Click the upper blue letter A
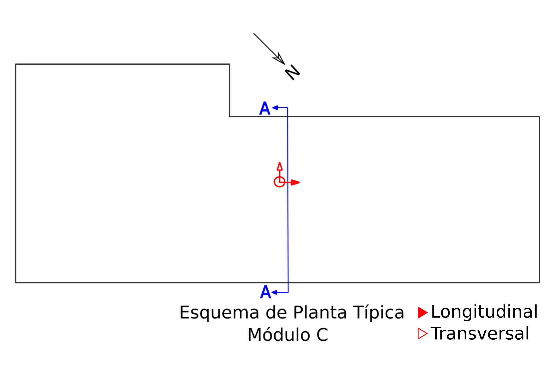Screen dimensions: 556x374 [x=265, y=108]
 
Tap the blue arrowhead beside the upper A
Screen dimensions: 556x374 [x=275, y=108]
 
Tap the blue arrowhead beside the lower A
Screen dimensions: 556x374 [x=274, y=292]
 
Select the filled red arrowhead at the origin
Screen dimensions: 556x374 [x=295, y=182]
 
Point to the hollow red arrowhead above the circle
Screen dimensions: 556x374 [x=279, y=166]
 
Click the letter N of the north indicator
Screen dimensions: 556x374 [x=292, y=72]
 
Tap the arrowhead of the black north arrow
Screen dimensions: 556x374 [x=279, y=58]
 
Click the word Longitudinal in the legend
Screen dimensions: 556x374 [x=484, y=311]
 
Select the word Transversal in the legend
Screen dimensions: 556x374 [x=480, y=334]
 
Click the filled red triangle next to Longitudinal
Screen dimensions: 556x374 [x=423, y=313]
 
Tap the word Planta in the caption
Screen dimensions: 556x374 [x=320, y=312]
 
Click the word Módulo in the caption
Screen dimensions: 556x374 [x=279, y=334]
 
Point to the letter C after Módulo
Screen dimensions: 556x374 [x=322, y=335]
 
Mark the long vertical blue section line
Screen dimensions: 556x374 [x=288, y=200]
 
